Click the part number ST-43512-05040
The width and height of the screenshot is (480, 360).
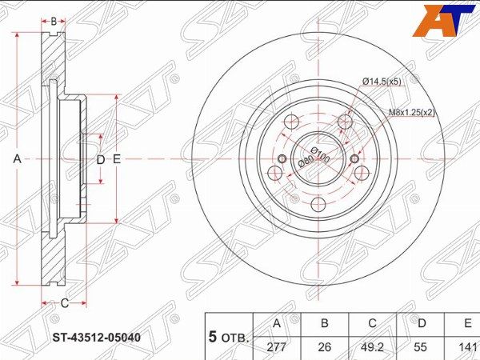97,338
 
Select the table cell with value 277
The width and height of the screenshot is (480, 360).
277,347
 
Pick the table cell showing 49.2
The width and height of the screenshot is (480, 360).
372,347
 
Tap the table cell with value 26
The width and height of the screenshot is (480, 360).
325,347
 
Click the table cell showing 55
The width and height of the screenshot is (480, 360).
421,347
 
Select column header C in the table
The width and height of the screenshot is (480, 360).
372,323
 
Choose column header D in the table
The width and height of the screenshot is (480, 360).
421,323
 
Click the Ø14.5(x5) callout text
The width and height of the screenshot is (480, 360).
382,82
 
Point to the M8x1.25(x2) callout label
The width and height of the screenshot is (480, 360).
412,112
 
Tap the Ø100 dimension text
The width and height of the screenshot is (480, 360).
321,154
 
